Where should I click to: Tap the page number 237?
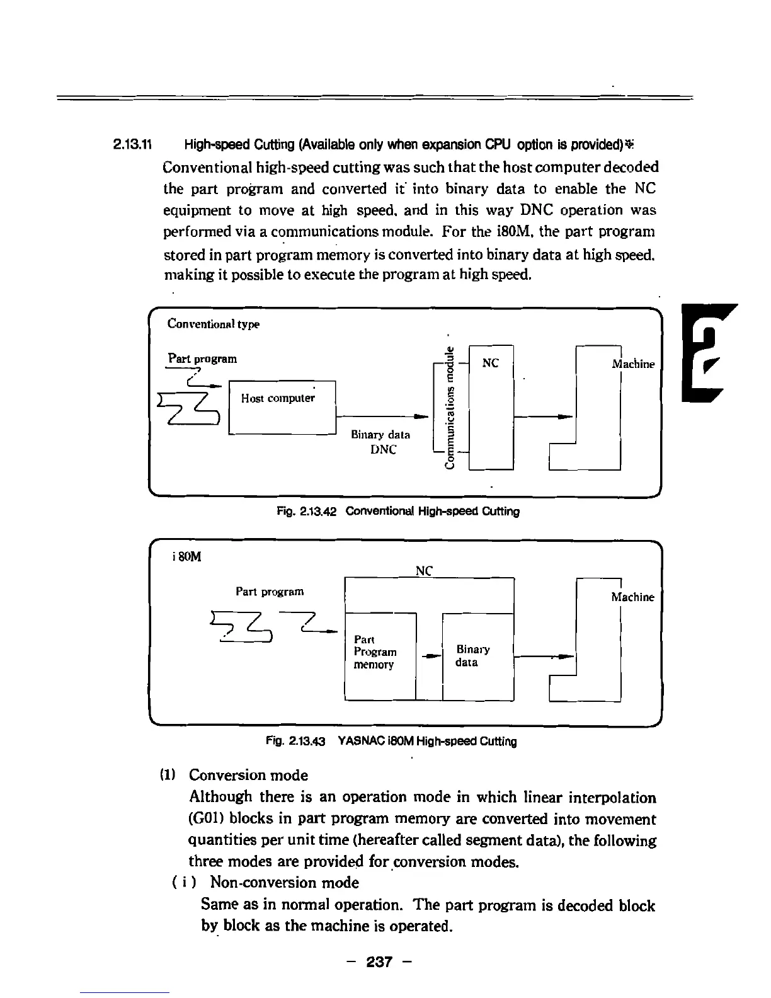(380, 962)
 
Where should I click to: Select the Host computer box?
(282, 407)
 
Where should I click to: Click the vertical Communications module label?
(449, 408)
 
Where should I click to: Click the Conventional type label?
(213, 324)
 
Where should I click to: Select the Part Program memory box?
(380, 656)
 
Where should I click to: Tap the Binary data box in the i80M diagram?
(478, 656)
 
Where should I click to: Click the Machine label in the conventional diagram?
(633, 364)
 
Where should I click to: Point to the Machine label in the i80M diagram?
(632, 597)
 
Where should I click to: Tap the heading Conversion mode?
(248, 775)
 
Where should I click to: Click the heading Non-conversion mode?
(284, 883)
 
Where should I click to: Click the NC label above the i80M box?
(425, 571)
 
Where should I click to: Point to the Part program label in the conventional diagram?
(202, 358)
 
